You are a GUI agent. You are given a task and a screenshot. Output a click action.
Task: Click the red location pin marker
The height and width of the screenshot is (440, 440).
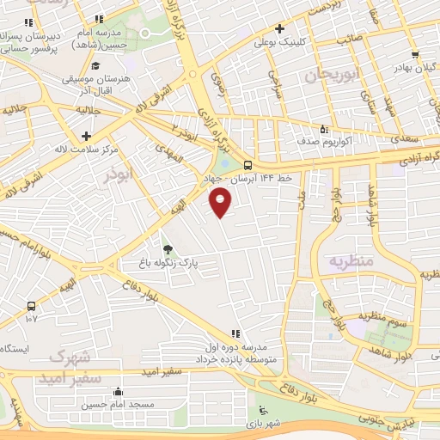[221, 202]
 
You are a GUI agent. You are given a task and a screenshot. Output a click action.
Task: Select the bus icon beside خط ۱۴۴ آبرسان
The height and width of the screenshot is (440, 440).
[248, 164]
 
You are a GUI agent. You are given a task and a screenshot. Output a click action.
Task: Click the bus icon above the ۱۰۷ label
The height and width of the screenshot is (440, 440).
[32, 305]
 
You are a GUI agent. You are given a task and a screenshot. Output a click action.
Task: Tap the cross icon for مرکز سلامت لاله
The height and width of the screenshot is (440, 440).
[86, 136]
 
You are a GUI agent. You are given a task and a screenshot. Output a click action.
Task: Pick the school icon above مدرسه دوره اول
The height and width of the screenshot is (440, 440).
[235, 334]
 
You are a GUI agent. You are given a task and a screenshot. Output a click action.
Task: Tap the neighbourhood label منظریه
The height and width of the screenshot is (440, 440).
[352, 260]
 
